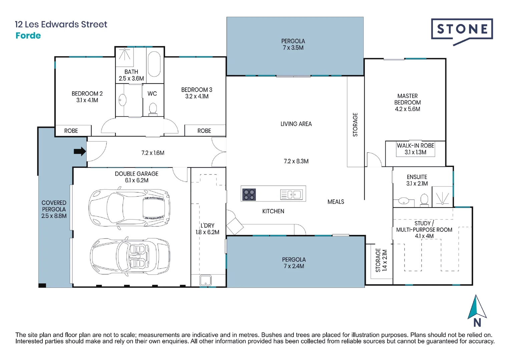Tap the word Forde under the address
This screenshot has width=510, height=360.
click(x=28, y=36)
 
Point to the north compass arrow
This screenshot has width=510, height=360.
click(x=477, y=307)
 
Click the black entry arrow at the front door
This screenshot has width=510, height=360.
click(x=80, y=151)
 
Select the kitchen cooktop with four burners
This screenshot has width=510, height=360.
click(x=249, y=195)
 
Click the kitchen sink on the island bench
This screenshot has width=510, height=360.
click(x=292, y=195)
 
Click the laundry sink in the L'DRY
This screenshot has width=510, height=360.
click(x=205, y=280)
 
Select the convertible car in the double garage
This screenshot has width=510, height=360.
click(x=130, y=256)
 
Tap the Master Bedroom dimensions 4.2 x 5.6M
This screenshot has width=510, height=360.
click(x=408, y=109)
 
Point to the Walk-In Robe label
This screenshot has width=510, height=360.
click(x=416, y=146)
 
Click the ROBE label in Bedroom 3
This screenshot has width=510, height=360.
click(x=204, y=131)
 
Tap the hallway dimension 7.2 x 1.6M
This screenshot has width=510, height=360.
click(x=153, y=153)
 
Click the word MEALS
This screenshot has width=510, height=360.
click(x=336, y=202)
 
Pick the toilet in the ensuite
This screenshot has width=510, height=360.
click(x=424, y=200)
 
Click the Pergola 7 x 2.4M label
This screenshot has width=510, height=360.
click(x=294, y=263)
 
